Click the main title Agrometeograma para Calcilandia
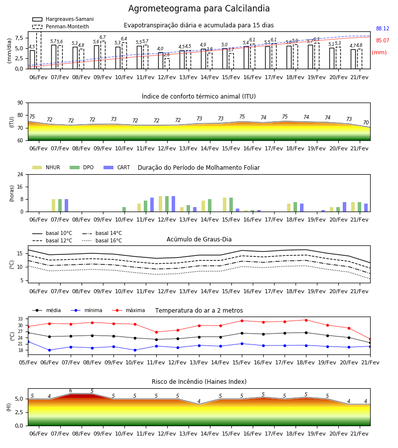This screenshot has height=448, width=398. click(199, 8)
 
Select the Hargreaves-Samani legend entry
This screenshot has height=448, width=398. click(63, 19)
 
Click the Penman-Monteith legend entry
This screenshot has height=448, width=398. click(61, 26)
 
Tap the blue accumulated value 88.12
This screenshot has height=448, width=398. click(383, 28)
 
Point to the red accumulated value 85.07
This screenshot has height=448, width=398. click(383, 41)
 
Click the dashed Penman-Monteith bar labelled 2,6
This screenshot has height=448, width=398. click(167, 63)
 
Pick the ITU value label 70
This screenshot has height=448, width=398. click(366, 122)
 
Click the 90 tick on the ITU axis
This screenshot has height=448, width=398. click(20, 103)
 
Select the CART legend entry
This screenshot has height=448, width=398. click(117, 167)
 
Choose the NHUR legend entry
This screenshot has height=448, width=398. click(46, 167)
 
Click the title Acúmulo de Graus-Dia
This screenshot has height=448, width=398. click(199, 239)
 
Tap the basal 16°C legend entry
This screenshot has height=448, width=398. click(102, 240)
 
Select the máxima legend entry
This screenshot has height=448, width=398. click(128, 310)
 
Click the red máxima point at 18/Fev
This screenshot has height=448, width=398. click(306, 320)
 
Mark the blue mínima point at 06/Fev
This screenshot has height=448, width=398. click(49, 350)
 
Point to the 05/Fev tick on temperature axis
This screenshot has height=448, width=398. click(28, 362)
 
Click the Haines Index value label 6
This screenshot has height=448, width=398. click(71, 391)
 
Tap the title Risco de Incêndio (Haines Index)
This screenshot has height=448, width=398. click(199, 382)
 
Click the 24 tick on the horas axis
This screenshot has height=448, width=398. click(20, 174)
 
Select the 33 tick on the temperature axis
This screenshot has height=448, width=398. click(20, 319)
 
